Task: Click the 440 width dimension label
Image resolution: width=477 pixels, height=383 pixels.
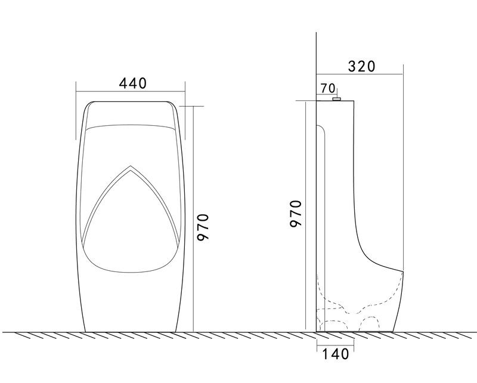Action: point(132,83)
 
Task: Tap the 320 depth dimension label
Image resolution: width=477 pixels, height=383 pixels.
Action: point(361,66)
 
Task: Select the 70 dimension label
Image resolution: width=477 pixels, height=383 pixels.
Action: point(328,88)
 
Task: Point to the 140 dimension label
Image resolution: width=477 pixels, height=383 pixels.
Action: point(335,354)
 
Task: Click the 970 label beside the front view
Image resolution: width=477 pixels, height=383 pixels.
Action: point(203,227)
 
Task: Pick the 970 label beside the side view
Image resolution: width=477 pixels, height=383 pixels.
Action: point(296,214)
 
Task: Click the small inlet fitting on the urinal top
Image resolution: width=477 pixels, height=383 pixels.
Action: point(337,99)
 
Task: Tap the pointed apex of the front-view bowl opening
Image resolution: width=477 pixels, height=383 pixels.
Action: point(131,166)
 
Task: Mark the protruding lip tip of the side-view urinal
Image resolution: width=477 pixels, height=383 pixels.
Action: point(403,271)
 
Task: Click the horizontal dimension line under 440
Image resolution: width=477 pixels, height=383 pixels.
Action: point(131,91)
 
